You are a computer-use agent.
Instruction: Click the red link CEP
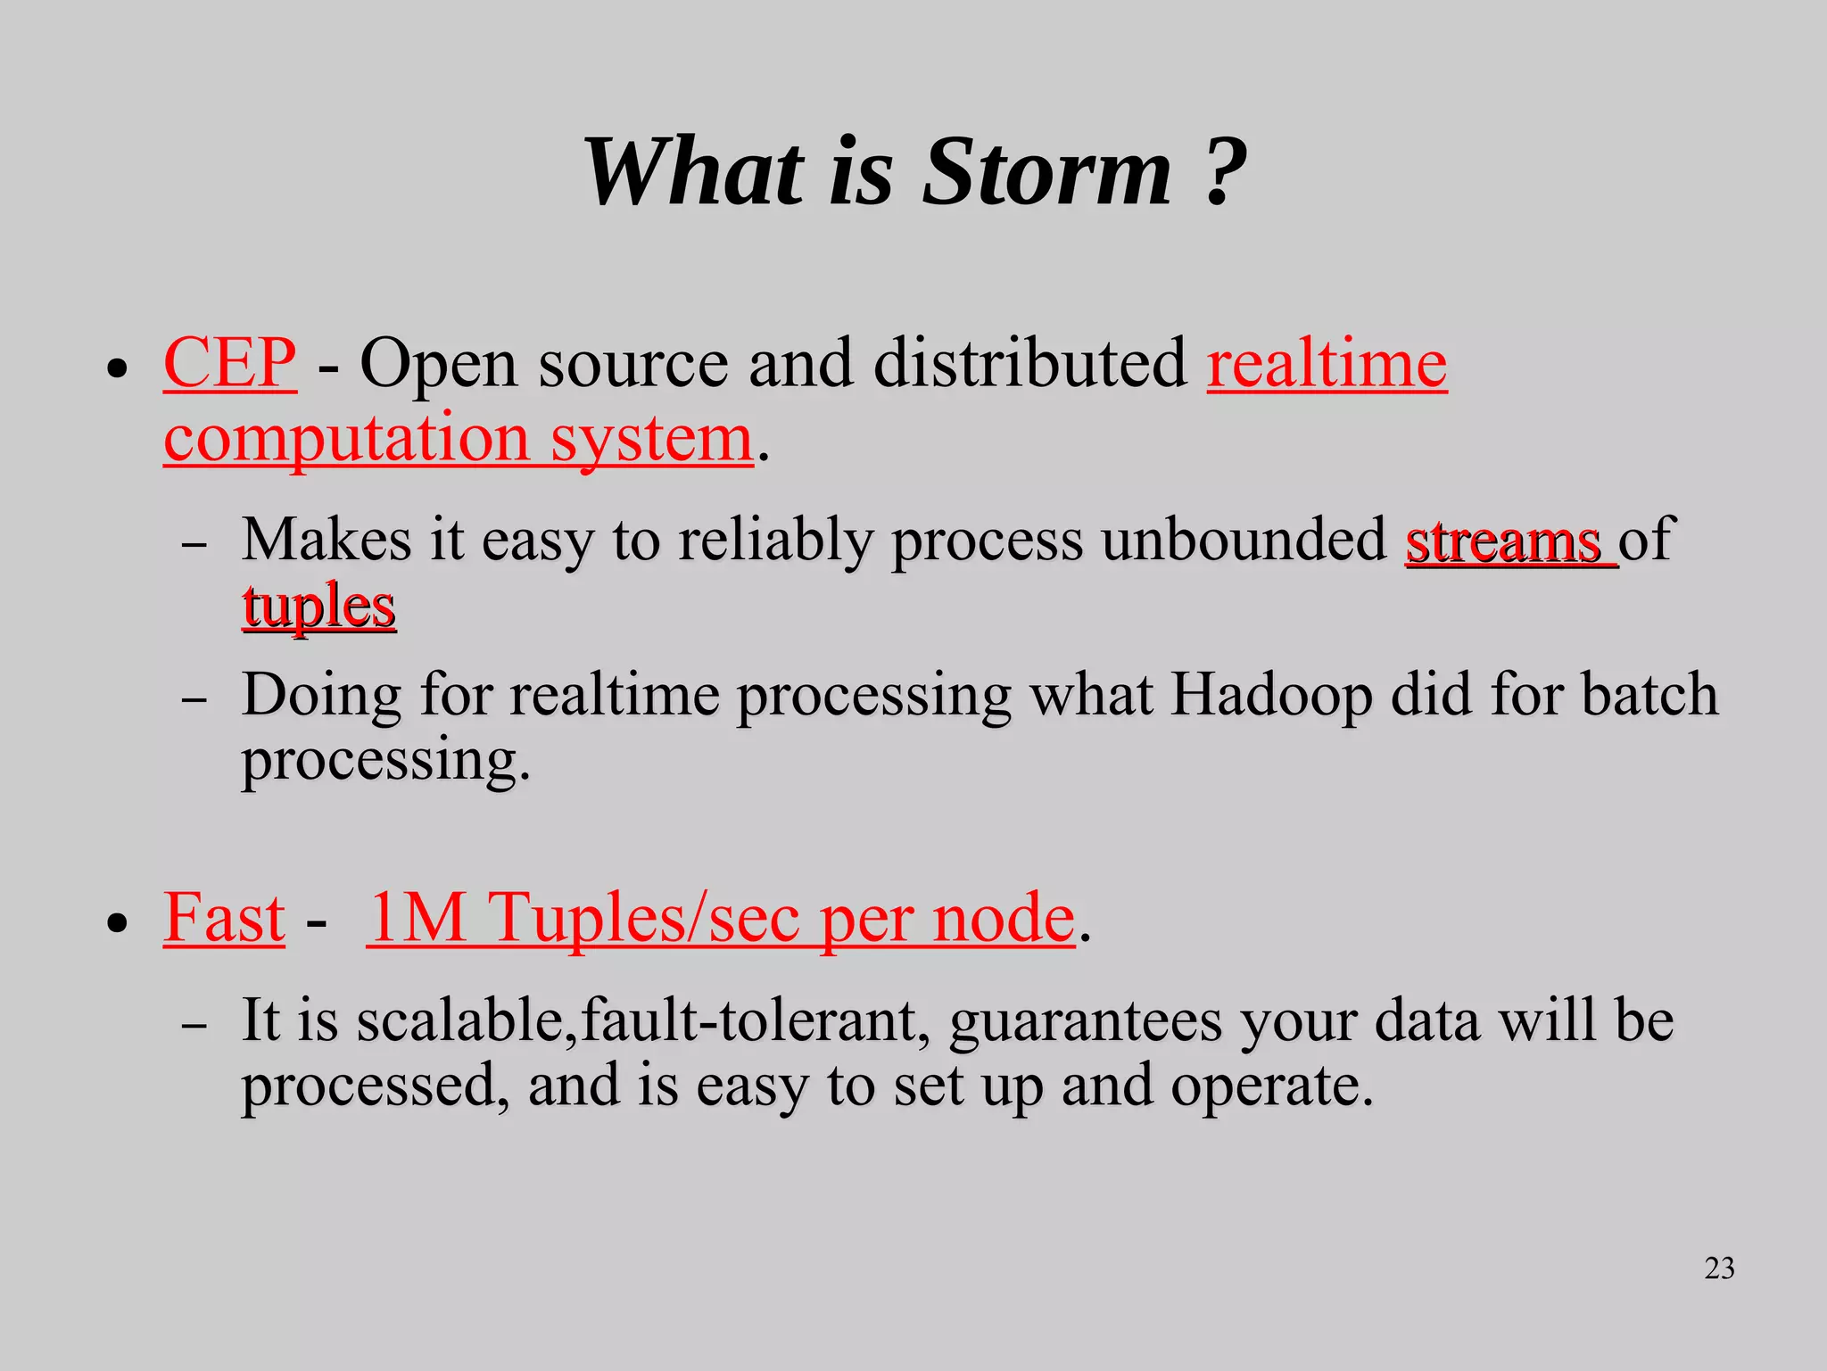click(229, 364)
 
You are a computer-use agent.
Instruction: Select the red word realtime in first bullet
click(1327, 364)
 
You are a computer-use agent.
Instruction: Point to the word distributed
click(1029, 364)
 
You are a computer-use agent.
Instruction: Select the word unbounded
click(1244, 541)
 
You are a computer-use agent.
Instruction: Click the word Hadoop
click(1270, 695)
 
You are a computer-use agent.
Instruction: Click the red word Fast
click(224, 919)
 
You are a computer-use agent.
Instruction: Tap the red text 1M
click(417, 919)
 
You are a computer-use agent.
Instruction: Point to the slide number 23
click(1719, 1268)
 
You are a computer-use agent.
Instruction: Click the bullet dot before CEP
click(117, 368)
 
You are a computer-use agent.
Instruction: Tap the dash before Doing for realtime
click(194, 699)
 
